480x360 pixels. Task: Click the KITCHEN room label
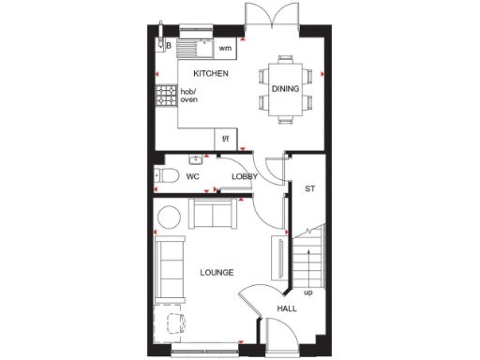pyautogui.click(x=211, y=73)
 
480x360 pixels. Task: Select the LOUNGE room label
pyautogui.click(x=217, y=273)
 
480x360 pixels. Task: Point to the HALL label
pyautogui.click(x=286, y=308)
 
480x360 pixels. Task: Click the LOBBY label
pyautogui.click(x=245, y=175)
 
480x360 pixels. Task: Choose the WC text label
pyautogui.click(x=192, y=175)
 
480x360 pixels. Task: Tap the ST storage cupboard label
pyautogui.click(x=309, y=188)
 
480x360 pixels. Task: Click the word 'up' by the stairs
pyautogui.click(x=307, y=292)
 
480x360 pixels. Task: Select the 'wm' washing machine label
pyautogui.click(x=225, y=47)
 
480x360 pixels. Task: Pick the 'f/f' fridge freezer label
pyautogui.click(x=225, y=139)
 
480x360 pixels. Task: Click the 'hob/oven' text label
pyautogui.click(x=189, y=96)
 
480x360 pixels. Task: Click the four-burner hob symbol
pyautogui.click(x=166, y=95)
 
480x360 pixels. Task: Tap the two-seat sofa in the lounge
pyautogui.click(x=211, y=215)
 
